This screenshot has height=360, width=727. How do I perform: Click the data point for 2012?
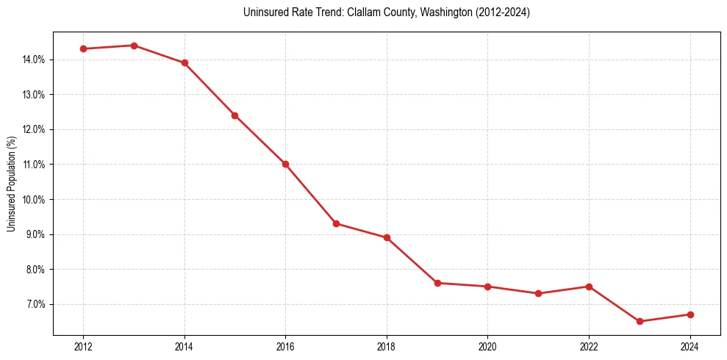[83, 48]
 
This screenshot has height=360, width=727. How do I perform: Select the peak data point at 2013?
[134, 46]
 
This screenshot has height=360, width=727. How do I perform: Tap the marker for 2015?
[235, 115]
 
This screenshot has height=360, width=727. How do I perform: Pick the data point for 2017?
[336, 223]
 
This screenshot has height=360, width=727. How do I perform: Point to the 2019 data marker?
[437, 283]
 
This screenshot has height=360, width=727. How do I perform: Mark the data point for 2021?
[538, 293]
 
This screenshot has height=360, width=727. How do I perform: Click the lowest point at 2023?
[640, 321]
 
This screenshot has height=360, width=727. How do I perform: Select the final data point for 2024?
[690, 314]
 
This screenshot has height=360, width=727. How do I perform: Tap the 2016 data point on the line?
[285, 164]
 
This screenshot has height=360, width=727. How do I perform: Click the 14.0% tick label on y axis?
[35, 60]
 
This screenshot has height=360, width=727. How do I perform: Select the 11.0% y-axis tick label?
[35, 165]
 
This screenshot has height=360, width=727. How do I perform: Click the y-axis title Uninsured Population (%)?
[12, 184]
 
